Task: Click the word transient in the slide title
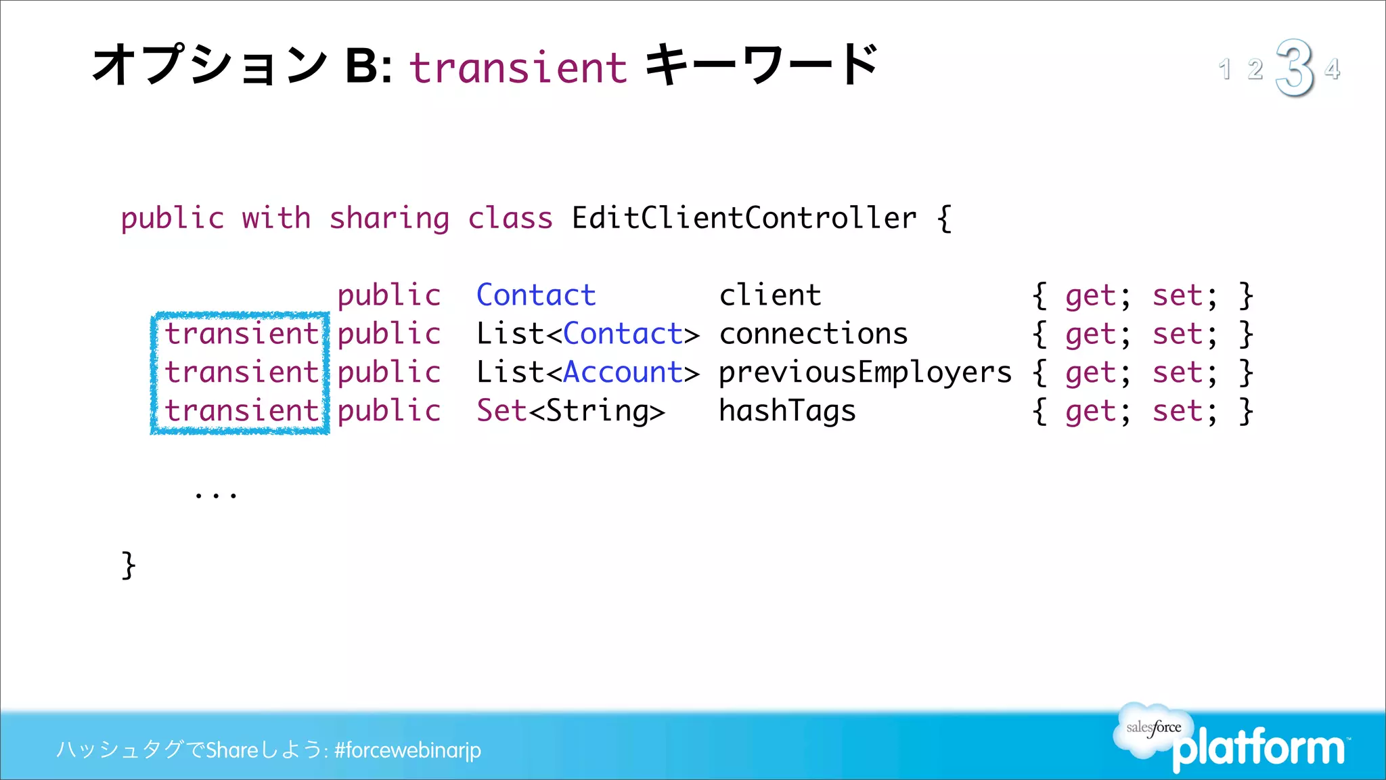coord(518,68)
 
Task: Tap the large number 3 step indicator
coord(1294,67)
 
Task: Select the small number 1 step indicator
coord(1224,69)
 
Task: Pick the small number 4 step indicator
coord(1332,68)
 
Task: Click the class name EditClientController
coord(744,218)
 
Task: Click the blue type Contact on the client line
coord(536,295)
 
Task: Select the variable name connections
coord(813,334)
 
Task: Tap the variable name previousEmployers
coord(865,373)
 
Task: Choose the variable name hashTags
coord(787,411)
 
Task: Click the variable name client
coord(769,295)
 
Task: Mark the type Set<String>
coord(571,411)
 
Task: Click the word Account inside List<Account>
coord(623,372)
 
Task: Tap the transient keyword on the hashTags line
coord(242,411)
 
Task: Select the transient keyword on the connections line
coord(242,334)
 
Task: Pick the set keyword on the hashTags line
coord(1178,411)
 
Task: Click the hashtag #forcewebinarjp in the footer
coord(407,750)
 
